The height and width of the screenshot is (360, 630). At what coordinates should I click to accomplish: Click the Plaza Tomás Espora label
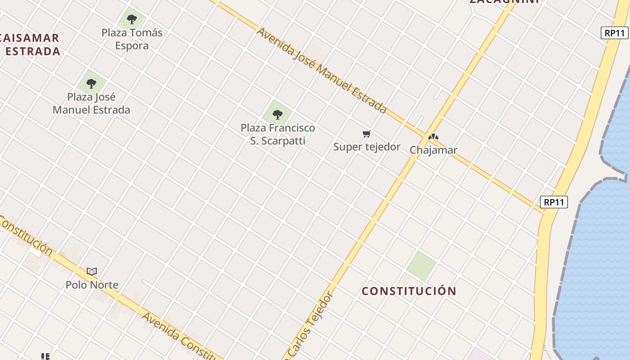click(132, 39)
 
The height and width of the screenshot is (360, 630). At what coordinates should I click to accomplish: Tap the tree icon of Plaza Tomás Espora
click(132, 19)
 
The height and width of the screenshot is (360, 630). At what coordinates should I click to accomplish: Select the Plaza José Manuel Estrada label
click(91, 103)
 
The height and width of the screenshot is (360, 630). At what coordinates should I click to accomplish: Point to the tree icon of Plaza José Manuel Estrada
click(91, 83)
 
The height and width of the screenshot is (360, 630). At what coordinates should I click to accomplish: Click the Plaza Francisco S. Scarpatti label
click(278, 134)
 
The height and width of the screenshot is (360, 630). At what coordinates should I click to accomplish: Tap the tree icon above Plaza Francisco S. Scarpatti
click(278, 114)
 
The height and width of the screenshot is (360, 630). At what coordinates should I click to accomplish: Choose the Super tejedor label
click(367, 147)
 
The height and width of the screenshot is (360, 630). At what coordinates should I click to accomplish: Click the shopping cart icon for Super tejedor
click(367, 134)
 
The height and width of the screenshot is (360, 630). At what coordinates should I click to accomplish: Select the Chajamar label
click(433, 150)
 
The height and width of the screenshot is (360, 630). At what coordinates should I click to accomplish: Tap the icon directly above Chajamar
click(433, 137)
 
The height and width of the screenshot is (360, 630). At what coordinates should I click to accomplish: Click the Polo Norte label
click(92, 285)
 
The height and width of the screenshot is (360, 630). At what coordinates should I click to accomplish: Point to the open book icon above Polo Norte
click(92, 271)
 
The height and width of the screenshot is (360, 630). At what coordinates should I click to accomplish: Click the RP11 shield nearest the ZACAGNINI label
click(614, 33)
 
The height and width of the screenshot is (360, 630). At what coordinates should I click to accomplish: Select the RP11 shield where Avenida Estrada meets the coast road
click(553, 202)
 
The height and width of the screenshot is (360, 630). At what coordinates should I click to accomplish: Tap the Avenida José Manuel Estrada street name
click(321, 71)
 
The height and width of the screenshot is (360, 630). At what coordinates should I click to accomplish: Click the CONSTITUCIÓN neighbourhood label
click(409, 291)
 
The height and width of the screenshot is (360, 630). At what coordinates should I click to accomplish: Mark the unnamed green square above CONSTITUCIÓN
click(421, 265)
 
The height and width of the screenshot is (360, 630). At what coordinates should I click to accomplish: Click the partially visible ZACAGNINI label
click(504, 2)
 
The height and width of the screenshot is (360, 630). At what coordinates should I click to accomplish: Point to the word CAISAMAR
click(30, 38)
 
